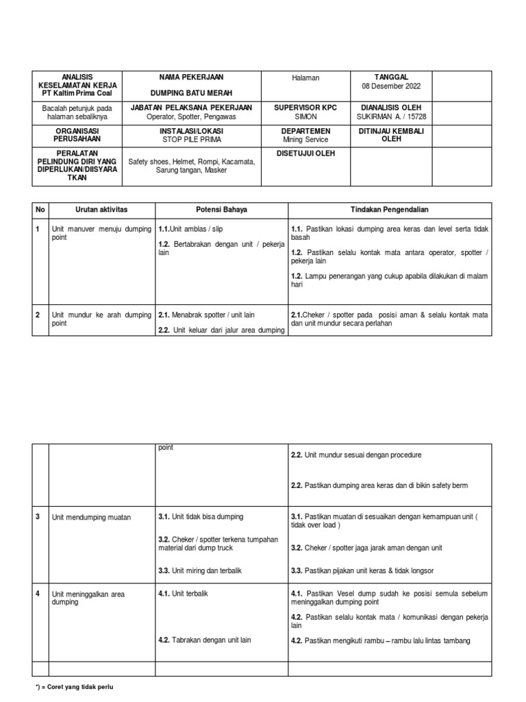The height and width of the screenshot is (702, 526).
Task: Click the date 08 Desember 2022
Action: [391, 86]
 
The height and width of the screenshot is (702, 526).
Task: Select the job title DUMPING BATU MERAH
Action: [192, 92]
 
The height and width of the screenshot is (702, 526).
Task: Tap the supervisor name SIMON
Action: [305, 117]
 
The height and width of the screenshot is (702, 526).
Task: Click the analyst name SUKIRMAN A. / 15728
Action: [390, 117]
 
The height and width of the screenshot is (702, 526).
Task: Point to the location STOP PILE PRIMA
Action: [192, 138]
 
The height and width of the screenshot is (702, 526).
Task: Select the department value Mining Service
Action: [305, 138]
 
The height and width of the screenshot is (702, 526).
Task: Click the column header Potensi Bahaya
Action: [222, 209]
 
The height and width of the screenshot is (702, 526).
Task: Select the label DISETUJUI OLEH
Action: [305, 154]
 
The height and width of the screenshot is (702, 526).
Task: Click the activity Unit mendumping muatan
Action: [91, 517]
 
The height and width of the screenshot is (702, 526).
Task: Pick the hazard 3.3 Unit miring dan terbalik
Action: [200, 570]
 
